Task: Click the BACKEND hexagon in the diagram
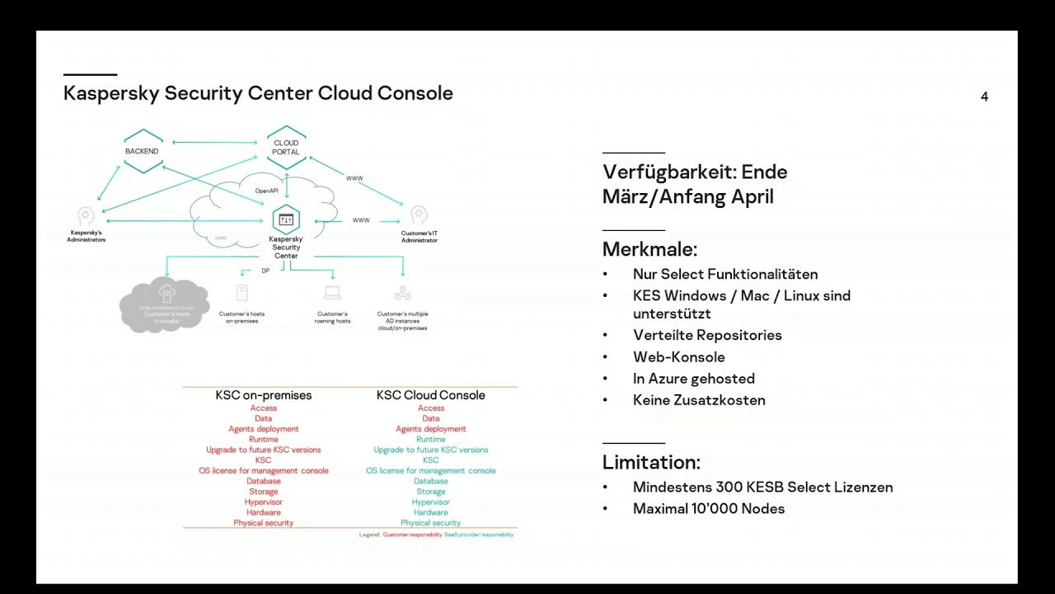click(x=143, y=151)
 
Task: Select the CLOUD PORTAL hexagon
click(x=286, y=148)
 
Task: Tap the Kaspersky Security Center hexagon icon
click(x=286, y=220)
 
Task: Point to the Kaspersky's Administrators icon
click(x=86, y=217)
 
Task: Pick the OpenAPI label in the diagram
click(x=266, y=191)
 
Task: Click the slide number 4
click(x=984, y=97)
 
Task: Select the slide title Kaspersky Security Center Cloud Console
click(x=258, y=93)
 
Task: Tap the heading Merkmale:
click(x=649, y=249)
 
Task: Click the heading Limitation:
click(x=651, y=462)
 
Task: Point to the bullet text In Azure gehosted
click(x=694, y=379)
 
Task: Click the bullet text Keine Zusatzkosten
click(x=699, y=400)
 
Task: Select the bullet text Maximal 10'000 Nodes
click(x=709, y=509)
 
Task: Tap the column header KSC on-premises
click(x=264, y=395)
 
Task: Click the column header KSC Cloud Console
click(x=431, y=395)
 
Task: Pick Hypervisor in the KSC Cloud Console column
click(x=431, y=502)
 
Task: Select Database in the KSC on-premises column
click(x=264, y=481)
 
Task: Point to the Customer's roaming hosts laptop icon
click(x=332, y=293)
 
